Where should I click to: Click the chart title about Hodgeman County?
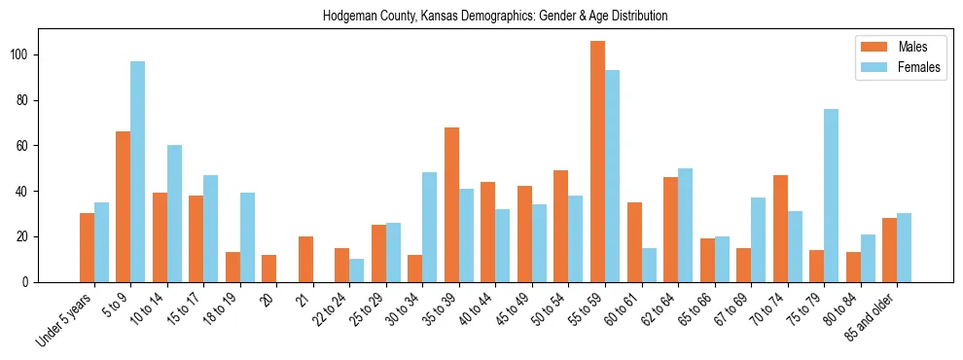click(495, 17)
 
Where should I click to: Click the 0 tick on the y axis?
click(29, 282)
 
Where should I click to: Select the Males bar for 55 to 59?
click(597, 162)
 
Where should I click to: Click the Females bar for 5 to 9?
click(138, 172)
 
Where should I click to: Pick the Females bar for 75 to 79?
click(831, 196)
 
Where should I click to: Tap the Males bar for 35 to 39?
click(451, 204)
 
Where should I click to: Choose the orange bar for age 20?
click(269, 269)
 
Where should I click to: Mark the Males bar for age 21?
click(305, 259)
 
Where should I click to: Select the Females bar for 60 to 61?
click(649, 265)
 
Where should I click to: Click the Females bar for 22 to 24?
click(357, 270)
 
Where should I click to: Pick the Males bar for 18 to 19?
click(232, 268)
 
